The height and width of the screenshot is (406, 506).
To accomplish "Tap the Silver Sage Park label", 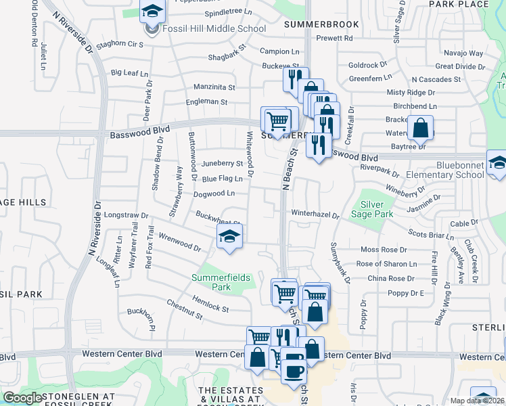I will pos(377,209).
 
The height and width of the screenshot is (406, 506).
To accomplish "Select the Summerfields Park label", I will pos(221,282).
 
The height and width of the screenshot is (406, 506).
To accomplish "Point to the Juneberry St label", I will pos(223,164).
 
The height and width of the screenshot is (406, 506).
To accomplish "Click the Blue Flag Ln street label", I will pos(222,179).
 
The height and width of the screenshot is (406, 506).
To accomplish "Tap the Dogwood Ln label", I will pos(214,194).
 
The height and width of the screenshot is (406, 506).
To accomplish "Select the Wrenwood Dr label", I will pos(179,242).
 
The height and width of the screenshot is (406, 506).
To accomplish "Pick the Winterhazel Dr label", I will pos(315,215).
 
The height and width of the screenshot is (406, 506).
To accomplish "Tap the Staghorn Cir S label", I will pos(121,44).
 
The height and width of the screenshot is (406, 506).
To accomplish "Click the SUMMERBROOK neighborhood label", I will pos(321,24).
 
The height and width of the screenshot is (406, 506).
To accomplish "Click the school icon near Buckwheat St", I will pos(229,237).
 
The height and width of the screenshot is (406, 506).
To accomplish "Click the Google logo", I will pos(23,398).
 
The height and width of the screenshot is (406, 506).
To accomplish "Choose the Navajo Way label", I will pos(463,53).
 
